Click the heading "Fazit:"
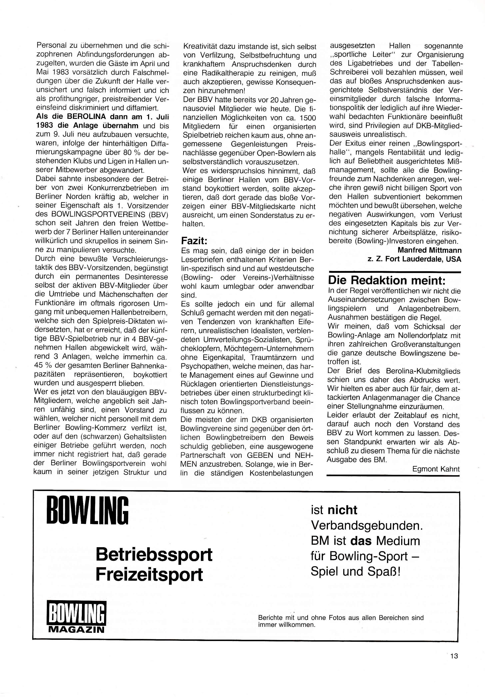(194, 241)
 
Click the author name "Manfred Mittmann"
(429, 250)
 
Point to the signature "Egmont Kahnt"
(436, 469)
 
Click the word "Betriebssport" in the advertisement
(154, 555)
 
